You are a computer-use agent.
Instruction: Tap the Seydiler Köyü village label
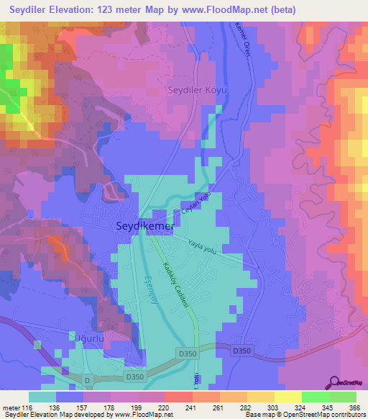coord(197,90)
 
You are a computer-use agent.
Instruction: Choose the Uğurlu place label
coord(80,337)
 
